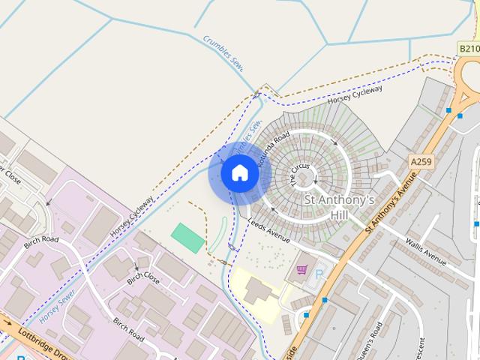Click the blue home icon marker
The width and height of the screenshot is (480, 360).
(240, 173)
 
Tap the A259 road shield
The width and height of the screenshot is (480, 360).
(421, 161)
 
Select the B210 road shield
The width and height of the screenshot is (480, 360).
(469, 49)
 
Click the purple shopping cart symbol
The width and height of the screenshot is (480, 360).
(301, 268)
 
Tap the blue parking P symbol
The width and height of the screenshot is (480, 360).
(319, 275)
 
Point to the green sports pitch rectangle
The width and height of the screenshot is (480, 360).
(187, 238)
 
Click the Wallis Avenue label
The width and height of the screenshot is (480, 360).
(425, 248)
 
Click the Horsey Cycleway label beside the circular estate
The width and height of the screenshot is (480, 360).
(355, 94)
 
